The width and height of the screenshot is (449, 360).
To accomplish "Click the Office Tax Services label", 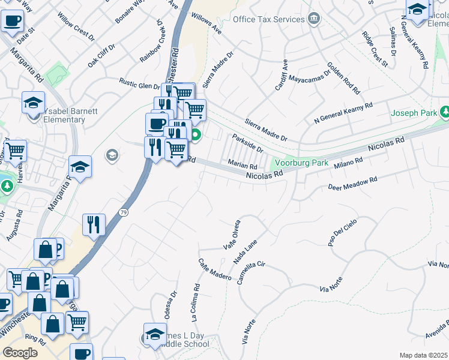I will click(x=268, y=19).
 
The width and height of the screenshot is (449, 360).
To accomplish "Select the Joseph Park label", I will click(x=414, y=113).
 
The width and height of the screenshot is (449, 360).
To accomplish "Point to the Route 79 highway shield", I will click(x=123, y=212).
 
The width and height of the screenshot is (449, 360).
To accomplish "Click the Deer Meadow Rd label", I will click(x=352, y=184).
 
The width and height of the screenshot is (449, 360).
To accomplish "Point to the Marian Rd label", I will click(x=243, y=163).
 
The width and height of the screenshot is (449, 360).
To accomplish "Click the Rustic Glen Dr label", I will click(x=139, y=84).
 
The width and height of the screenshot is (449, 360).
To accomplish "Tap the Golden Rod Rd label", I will click(x=343, y=78).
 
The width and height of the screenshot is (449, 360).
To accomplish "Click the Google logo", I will click(x=20, y=353).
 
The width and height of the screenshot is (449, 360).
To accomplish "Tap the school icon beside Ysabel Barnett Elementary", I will click(x=34, y=102).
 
